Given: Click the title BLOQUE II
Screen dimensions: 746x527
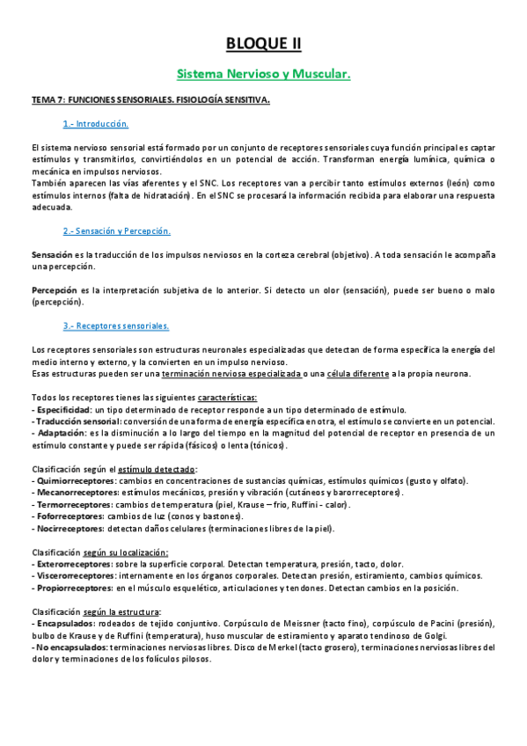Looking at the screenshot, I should (263, 43).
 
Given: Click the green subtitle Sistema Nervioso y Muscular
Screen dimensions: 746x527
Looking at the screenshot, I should (263, 75).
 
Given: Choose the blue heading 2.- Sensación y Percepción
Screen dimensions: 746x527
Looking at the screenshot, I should (116, 230).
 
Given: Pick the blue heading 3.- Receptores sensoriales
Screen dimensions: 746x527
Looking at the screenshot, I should (115, 325).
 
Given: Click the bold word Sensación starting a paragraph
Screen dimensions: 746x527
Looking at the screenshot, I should (51, 254).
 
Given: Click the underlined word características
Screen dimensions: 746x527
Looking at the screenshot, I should (227, 398).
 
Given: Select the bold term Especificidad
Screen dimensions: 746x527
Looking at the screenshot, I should (62, 410).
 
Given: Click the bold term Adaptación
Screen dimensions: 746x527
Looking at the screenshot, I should (59, 434).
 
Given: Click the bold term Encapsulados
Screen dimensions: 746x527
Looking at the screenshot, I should (62, 623).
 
